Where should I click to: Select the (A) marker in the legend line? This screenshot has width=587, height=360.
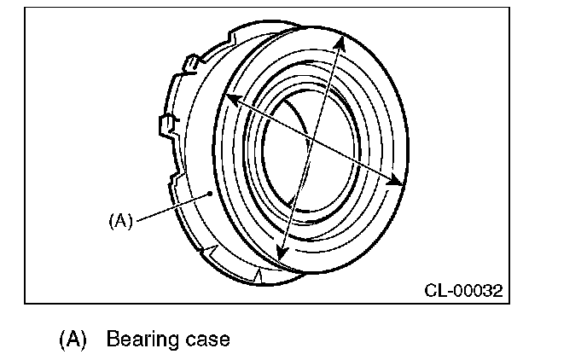73,339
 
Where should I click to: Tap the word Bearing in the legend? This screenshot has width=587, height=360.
139,340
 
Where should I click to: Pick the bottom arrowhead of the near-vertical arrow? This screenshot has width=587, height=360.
282,253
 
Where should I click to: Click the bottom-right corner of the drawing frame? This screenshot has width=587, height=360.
505,302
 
